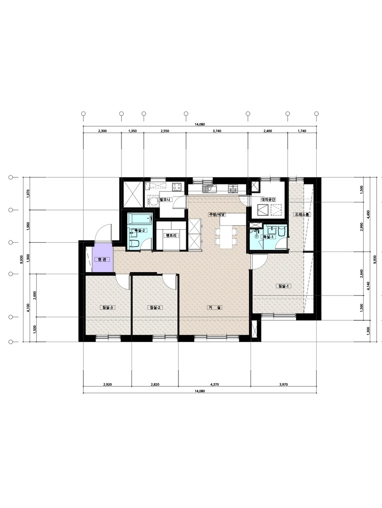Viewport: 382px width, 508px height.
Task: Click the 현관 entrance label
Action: pos(102,260)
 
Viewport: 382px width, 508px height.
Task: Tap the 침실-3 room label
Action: pos(108,308)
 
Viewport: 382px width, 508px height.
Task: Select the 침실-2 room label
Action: pos(155,308)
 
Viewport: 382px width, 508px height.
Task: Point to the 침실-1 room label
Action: pos(283,286)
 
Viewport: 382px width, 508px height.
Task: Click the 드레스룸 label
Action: pos(302,214)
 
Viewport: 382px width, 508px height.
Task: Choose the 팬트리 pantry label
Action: pos(171,236)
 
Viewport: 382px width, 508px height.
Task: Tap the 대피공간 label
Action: pos(268,199)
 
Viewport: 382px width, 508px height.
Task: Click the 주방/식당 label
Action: pos(217,214)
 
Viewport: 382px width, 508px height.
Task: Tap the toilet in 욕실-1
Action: pos(281,231)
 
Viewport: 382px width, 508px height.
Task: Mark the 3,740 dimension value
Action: pos(217,131)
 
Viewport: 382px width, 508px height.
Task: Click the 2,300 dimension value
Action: pos(102,131)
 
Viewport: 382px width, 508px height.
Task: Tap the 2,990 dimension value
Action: pos(361,227)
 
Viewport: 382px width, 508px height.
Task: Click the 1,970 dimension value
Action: pos(28,194)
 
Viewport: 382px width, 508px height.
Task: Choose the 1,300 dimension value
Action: pos(368,330)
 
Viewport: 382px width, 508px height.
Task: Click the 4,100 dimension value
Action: pos(28,308)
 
